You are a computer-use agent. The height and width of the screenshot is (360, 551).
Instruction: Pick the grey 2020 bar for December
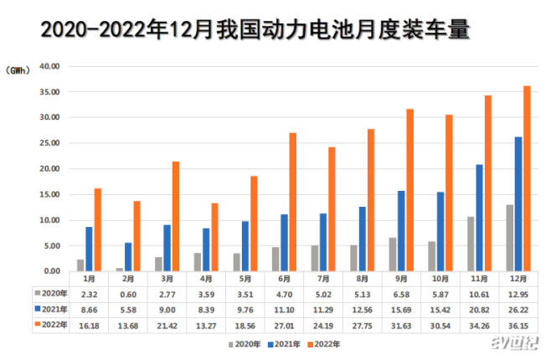509,238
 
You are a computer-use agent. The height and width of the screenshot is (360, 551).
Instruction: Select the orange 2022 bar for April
214,237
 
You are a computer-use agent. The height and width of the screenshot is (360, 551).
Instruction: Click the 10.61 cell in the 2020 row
479,293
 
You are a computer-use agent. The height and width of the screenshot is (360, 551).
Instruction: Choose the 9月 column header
401,278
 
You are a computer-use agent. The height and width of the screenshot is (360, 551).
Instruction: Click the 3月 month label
167,278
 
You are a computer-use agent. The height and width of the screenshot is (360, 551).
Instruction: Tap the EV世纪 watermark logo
516,344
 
